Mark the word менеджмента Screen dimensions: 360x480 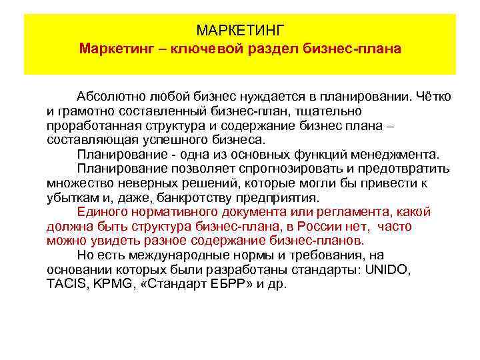pyautogui.click(x=375, y=154)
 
